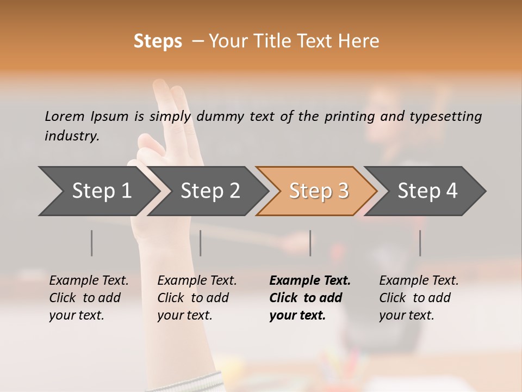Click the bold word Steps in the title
(158, 41)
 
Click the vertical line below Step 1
(92, 243)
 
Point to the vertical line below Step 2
(201, 243)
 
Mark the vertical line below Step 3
(310, 243)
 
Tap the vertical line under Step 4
(420, 243)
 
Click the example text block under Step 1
(89, 298)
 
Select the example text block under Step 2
(197, 298)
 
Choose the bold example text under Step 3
(310, 298)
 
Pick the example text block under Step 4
(419, 298)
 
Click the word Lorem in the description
(65, 116)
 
